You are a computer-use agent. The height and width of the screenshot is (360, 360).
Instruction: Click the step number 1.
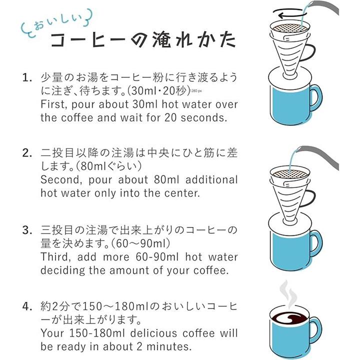click(x=26, y=78)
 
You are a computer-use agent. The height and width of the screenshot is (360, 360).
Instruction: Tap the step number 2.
click(x=26, y=153)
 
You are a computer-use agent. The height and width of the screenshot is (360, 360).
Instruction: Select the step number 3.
click(x=26, y=230)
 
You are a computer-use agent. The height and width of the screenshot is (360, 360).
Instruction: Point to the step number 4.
click(x=26, y=306)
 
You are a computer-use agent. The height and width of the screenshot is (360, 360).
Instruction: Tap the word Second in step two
click(x=61, y=180)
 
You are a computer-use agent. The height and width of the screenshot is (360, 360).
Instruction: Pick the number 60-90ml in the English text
click(x=157, y=257)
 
